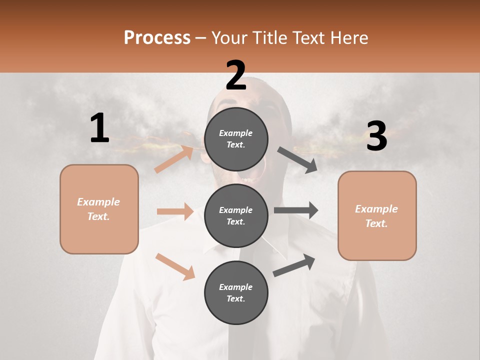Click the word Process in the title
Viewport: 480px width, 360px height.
click(x=157, y=38)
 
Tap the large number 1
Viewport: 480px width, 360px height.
click(x=99, y=128)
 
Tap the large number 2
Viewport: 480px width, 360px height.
click(x=236, y=75)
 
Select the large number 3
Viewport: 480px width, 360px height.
click(x=376, y=136)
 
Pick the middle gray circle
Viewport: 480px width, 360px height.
click(x=236, y=215)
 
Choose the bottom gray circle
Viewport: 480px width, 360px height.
click(x=236, y=292)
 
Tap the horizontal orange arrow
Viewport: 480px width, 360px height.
click(x=175, y=211)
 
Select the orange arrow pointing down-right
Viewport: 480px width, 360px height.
click(x=175, y=266)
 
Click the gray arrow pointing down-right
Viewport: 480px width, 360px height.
click(x=297, y=160)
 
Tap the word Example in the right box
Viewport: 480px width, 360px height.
click(x=376, y=209)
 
